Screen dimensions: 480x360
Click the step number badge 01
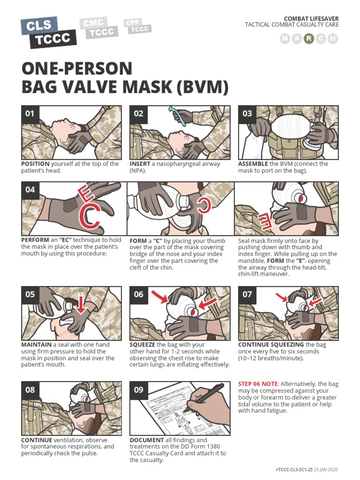30,114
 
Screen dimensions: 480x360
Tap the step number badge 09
139,390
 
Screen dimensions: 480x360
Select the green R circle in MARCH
308,39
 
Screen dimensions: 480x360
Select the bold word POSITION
35,164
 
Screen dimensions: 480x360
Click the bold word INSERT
140,164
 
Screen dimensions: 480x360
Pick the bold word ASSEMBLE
253,164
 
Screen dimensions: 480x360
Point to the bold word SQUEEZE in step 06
142,345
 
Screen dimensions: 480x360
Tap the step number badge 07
247,294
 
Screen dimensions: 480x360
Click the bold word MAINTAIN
36,345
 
